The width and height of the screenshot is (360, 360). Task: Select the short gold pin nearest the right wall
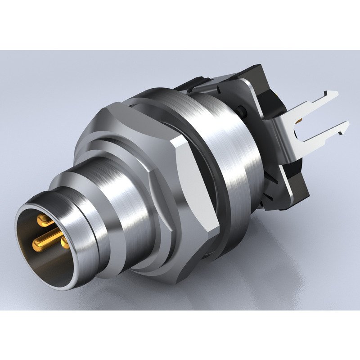point(64,243)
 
